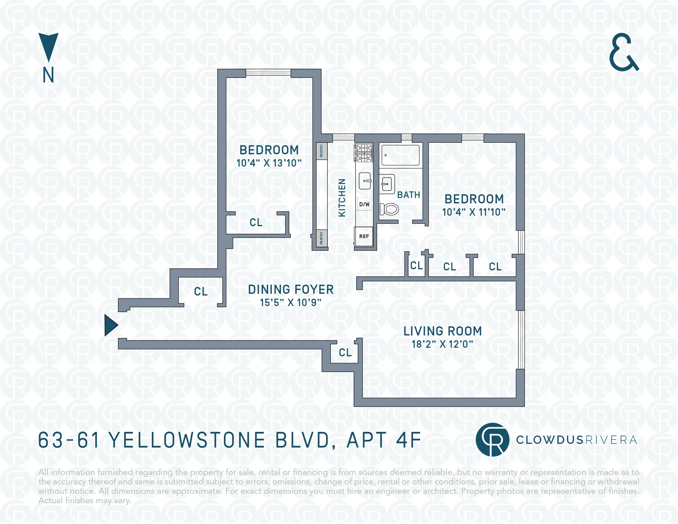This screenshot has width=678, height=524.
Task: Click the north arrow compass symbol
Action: pyautogui.click(x=48, y=47)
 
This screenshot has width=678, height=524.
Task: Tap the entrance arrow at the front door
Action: pyautogui.click(x=110, y=325)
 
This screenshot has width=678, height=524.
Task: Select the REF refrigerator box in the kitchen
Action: pyautogui.click(x=364, y=236)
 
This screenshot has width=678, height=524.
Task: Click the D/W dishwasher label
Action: pyautogui.click(x=364, y=204)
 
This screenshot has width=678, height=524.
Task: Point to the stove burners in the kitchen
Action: pyautogui.click(x=364, y=153)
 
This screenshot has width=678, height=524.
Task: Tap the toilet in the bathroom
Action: pyautogui.click(x=389, y=209)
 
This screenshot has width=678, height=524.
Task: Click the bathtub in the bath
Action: pyautogui.click(x=400, y=155)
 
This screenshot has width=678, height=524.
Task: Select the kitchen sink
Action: pyautogui.click(x=365, y=181)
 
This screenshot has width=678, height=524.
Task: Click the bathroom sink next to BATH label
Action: pyautogui.click(x=386, y=184)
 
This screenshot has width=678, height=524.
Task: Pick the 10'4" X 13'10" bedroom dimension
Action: pyautogui.click(x=269, y=163)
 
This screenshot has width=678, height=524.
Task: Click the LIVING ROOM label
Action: pyautogui.click(x=442, y=331)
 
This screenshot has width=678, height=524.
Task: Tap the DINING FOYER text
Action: pyautogui.click(x=291, y=289)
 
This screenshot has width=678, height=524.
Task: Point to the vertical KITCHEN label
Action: pyautogui.click(x=342, y=198)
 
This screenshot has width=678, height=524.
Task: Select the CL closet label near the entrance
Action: pyautogui.click(x=201, y=292)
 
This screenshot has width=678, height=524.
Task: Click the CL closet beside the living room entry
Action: pyautogui.click(x=345, y=352)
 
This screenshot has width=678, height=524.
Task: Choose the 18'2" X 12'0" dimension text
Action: pyautogui.click(x=442, y=344)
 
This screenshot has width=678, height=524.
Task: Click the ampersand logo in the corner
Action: pyautogui.click(x=623, y=52)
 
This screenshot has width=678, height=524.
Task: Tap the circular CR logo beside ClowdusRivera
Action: pyautogui.click(x=492, y=440)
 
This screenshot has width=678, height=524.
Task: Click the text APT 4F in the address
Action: pyautogui.click(x=384, y=440)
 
